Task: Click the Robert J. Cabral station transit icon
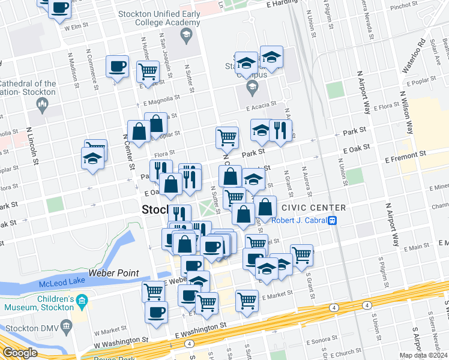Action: (x=332, y=220)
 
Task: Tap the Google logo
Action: (x=19, y=353)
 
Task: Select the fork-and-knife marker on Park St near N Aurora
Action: (x=280, y=130)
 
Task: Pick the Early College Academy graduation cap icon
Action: (x=186, y=34)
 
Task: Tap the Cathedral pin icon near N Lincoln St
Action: (x=42, y=106)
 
